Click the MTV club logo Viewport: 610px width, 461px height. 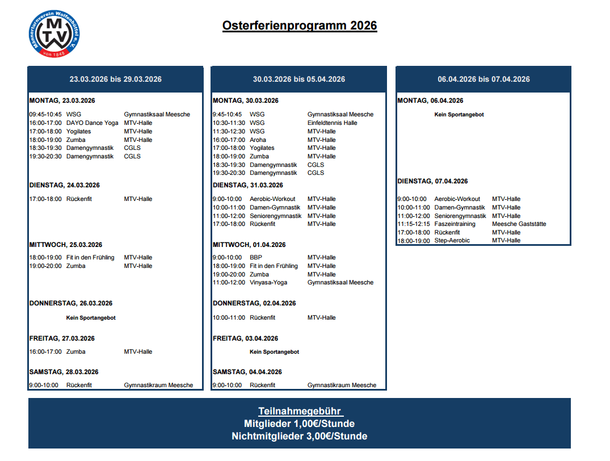(x=54, y=35)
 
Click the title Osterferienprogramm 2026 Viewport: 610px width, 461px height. (x=300, y=26)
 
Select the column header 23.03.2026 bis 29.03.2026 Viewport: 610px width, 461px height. (x=115, y=79)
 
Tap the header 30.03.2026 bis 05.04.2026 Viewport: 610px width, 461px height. (x=298, y=79)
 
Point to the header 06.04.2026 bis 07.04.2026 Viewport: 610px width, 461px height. (x=483, y=79)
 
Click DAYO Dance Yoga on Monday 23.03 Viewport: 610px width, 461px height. (x=92, y=123)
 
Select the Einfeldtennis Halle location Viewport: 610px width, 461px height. (x=332, y=123)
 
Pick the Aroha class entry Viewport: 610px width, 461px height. (x=258, y=140)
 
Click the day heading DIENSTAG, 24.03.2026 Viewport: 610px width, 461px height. (x=64, y=185)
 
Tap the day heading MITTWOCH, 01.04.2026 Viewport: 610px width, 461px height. (x=249, y=245)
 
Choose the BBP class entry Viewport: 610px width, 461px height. (x=256, y=257)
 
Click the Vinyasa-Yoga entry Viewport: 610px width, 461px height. (x=268, y=282)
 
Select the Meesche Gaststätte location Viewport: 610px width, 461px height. (x=519, y=224)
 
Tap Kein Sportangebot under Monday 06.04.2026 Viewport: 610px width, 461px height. (x=458, y=115)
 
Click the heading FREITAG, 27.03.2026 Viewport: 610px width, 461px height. (x=62, y=338)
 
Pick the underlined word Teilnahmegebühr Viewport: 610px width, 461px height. (x=300, y=411)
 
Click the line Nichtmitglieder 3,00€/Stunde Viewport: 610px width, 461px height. (x=299, y=436)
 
